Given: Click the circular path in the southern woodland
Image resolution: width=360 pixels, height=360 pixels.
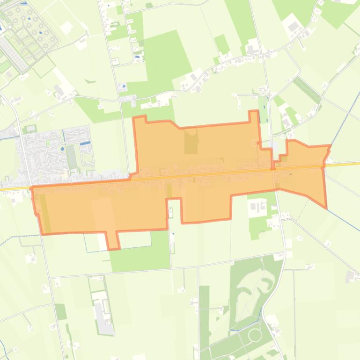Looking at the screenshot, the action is tap(255, 335).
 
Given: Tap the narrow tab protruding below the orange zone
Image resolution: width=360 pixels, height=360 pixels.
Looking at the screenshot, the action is tap(112, 240).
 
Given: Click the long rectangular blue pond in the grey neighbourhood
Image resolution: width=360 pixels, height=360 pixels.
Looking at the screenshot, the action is tap(85, 143).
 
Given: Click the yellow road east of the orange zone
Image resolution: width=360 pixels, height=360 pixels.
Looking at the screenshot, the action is tap(344, 164).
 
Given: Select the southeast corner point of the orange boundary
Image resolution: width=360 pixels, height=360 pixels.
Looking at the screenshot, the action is tap(326, 208).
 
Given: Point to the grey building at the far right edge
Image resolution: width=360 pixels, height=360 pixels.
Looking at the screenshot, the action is tap(353, 276).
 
